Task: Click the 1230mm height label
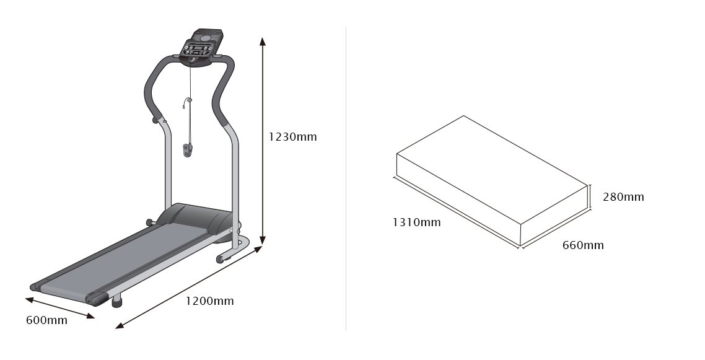coord(292,136)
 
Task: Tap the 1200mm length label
coord(210,301)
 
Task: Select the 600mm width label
coord(46,320)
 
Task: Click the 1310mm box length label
coord(416,222)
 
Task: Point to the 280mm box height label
coord(623,197)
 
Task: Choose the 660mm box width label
coord(582,245)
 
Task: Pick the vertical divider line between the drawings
coord(346,180)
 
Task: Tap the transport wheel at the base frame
coord(220,259)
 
